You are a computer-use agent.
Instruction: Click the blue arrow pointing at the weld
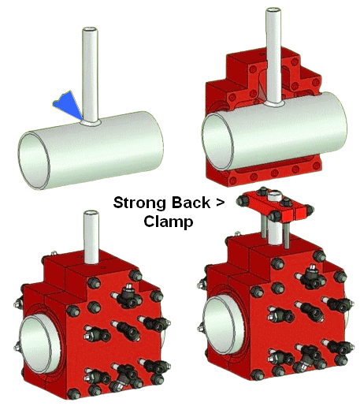(x=67, y=105)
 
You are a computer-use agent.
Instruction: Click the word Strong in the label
(x=139, y=203)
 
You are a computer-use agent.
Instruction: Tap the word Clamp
(x=169, y=222)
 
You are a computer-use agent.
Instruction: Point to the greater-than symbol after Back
(x=220, y=203)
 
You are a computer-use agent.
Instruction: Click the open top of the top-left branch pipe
(x=90, y=30)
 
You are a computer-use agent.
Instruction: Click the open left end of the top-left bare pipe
(x=34, y=161)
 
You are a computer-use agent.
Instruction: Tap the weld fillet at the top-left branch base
(x=91, y=122)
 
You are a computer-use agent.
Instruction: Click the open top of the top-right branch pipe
(x=273, y=10)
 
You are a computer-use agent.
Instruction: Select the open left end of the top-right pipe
(x=217, y=142)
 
